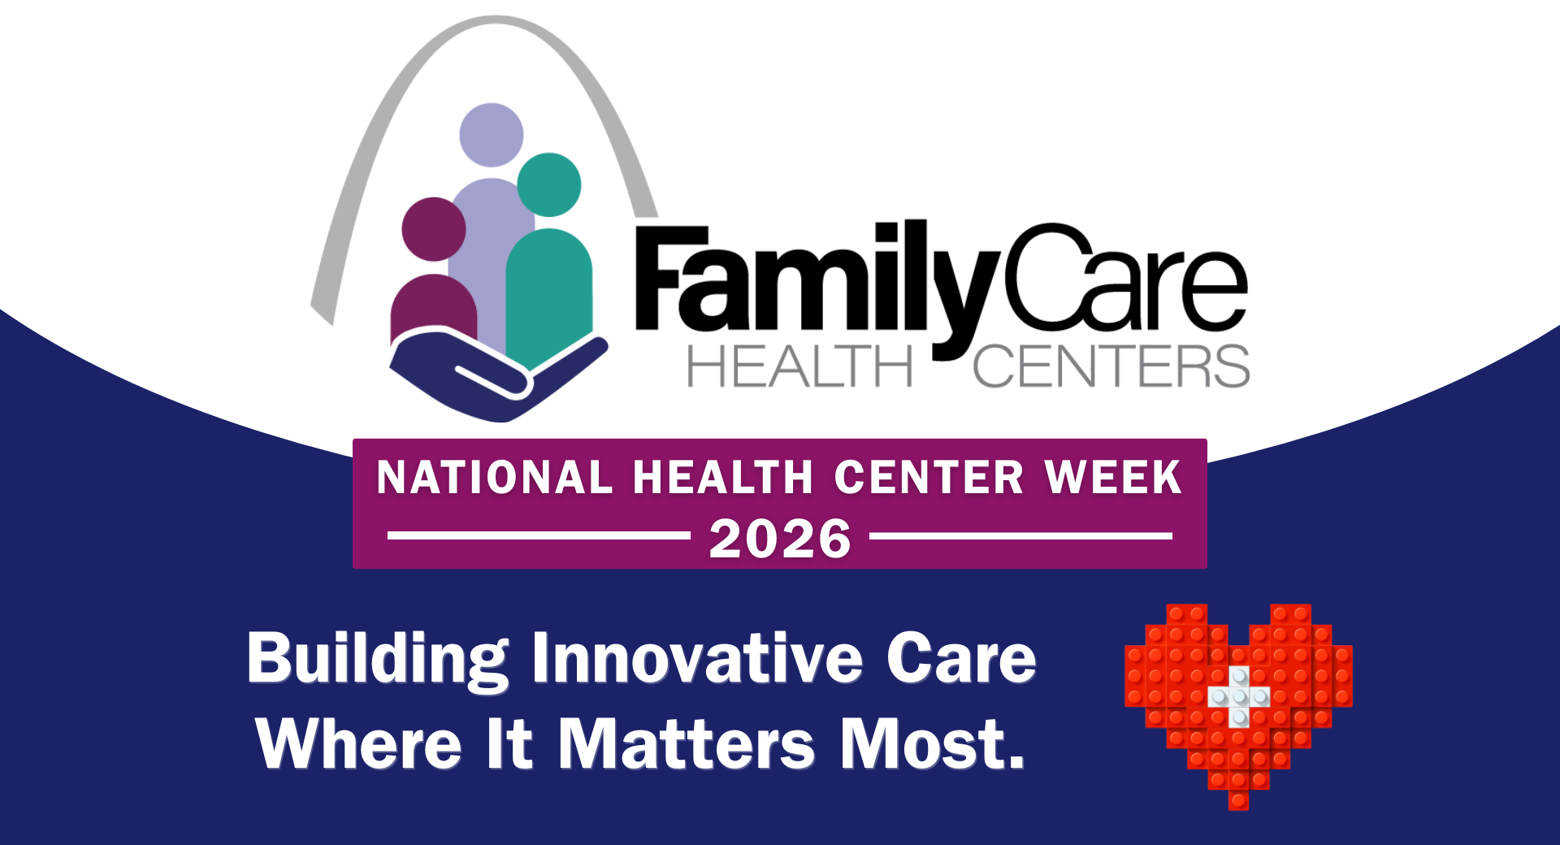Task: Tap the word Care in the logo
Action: [x=1126, y=278]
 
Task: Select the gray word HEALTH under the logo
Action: [x=800, y=366]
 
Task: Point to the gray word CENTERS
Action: [x=1111, y=366]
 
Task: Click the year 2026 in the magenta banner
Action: [x=780, y=539]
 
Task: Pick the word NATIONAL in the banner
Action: [x=495, y=477]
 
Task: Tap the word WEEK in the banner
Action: [x=1113, y=477]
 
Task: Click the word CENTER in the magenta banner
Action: [x=929, y=477]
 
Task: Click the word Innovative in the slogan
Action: [x=697, y=657]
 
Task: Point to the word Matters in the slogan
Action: [x=687, y=743]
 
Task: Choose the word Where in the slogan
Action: [x=358, y=743]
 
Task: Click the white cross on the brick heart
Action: [x=1238, y=696]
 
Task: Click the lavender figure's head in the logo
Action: [x=492, y=135]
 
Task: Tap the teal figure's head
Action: [x=549, y=184]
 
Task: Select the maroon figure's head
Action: [x=434, y=229]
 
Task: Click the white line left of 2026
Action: [x=539, y=535]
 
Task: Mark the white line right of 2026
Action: [x=1021, y=535]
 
